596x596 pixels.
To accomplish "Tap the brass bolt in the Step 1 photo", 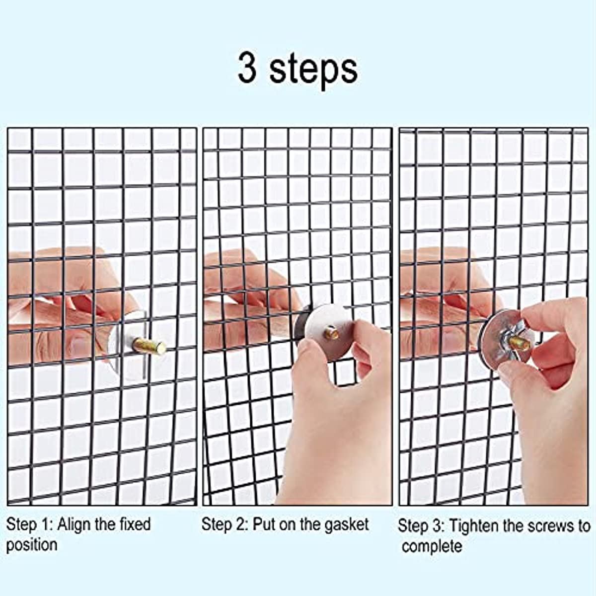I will coord(149,345).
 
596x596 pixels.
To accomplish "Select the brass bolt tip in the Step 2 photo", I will coord(332,334).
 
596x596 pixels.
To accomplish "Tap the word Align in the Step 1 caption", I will coord(74,524).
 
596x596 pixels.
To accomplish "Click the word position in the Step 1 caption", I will coord(32,545).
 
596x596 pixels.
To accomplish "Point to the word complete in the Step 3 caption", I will coord(432,547).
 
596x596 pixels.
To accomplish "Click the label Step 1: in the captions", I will coord(29,524).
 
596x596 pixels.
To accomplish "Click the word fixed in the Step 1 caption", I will coord(135,524).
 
